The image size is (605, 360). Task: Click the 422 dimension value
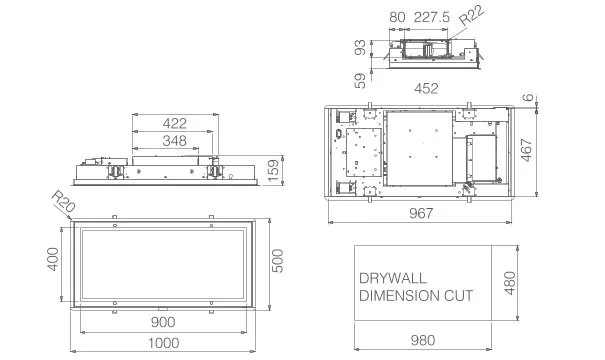pos(175,123)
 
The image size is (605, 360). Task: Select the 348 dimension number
pos(175,141)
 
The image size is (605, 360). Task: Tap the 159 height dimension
pos(273,171)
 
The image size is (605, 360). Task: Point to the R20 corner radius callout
pos(63,202)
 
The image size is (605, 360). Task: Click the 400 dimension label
pos(52,259)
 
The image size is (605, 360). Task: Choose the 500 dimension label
pos(277,261)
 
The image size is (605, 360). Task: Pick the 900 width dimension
pos(163,322)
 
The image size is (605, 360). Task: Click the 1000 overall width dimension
pos(164,343)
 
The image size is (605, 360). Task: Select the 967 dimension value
pos(421,213)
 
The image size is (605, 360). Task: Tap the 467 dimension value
pos(526,150)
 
